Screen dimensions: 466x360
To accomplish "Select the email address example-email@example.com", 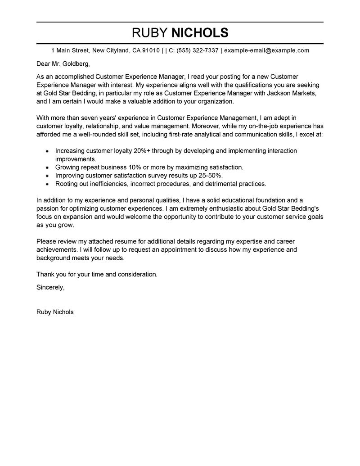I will click(266, 50).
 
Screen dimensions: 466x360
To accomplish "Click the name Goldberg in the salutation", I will click(71, 63).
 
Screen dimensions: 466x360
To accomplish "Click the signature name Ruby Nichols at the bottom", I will click(55, 312).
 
